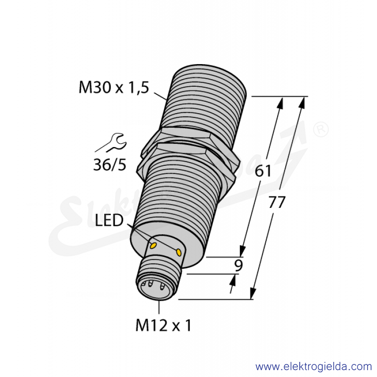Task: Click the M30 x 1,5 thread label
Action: [114, 88]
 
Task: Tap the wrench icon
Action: [111, 143]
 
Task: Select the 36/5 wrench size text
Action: [110, 165]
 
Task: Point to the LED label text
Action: [109, 221]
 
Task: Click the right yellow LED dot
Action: [179, 252]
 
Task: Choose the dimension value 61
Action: [263, 171]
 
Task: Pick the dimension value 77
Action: [277, 202]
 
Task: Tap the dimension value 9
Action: [238, 265]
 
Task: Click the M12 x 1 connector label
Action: [164, 325]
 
